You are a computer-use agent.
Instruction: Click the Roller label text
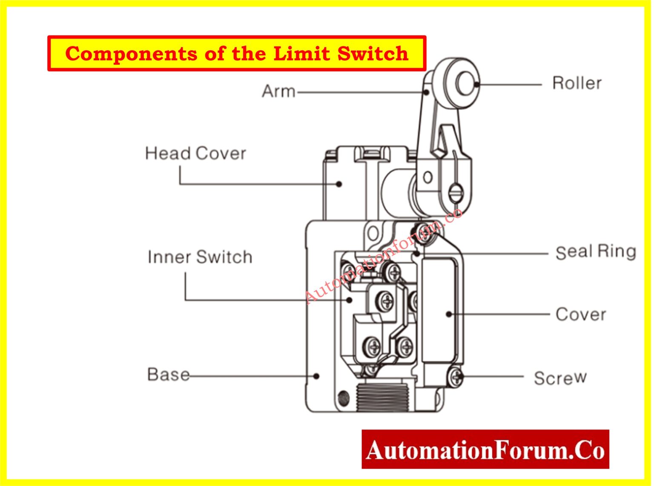[577, 83]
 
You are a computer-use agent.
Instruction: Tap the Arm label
[278, 91]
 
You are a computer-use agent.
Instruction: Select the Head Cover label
[195, 153]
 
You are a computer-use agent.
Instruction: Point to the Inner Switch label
[200, 257]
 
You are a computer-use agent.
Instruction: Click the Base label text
[168, 375]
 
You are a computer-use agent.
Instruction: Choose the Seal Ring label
[595, 252]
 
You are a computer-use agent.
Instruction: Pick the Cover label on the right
[580, 314]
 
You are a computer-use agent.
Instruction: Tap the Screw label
[560, 378]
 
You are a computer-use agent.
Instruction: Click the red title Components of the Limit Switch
[237, 54]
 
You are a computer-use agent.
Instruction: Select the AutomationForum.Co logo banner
[485, 450]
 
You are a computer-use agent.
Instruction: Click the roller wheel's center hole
[465, 83]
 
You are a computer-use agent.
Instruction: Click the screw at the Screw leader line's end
[456, 376]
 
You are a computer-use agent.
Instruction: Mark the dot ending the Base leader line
[316, 376]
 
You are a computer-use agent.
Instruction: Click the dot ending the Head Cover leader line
[339, 184]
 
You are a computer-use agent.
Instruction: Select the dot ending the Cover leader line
[448, 314]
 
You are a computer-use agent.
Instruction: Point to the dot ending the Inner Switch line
[349, 300]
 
